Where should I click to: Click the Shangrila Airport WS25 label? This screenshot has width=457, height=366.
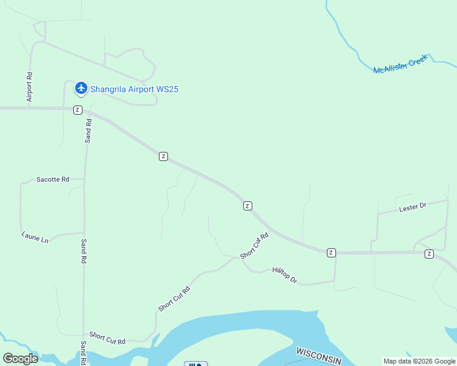[134, 89]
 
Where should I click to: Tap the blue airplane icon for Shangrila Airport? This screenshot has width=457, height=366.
[81, 88]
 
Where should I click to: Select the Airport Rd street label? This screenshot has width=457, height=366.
[29, 87]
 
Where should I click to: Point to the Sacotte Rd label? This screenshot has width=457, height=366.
[53, 179]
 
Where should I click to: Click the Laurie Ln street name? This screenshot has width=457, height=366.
[34, 237]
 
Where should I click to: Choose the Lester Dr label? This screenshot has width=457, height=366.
[412, 207]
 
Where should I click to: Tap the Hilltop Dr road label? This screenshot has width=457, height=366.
[285, 275]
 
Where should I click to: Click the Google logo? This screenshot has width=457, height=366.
[20, 359]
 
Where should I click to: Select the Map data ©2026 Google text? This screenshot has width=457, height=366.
[419, 361]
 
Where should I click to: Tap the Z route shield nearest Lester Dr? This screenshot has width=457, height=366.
[429, 253]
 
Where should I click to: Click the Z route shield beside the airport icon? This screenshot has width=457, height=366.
[77, 110]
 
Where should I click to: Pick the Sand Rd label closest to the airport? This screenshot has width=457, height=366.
[89, 131]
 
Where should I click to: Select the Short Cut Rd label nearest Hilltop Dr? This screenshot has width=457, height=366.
[255, 246]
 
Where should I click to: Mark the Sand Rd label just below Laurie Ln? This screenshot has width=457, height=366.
[84, 251]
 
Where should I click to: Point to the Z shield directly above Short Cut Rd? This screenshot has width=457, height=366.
[247, 206]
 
